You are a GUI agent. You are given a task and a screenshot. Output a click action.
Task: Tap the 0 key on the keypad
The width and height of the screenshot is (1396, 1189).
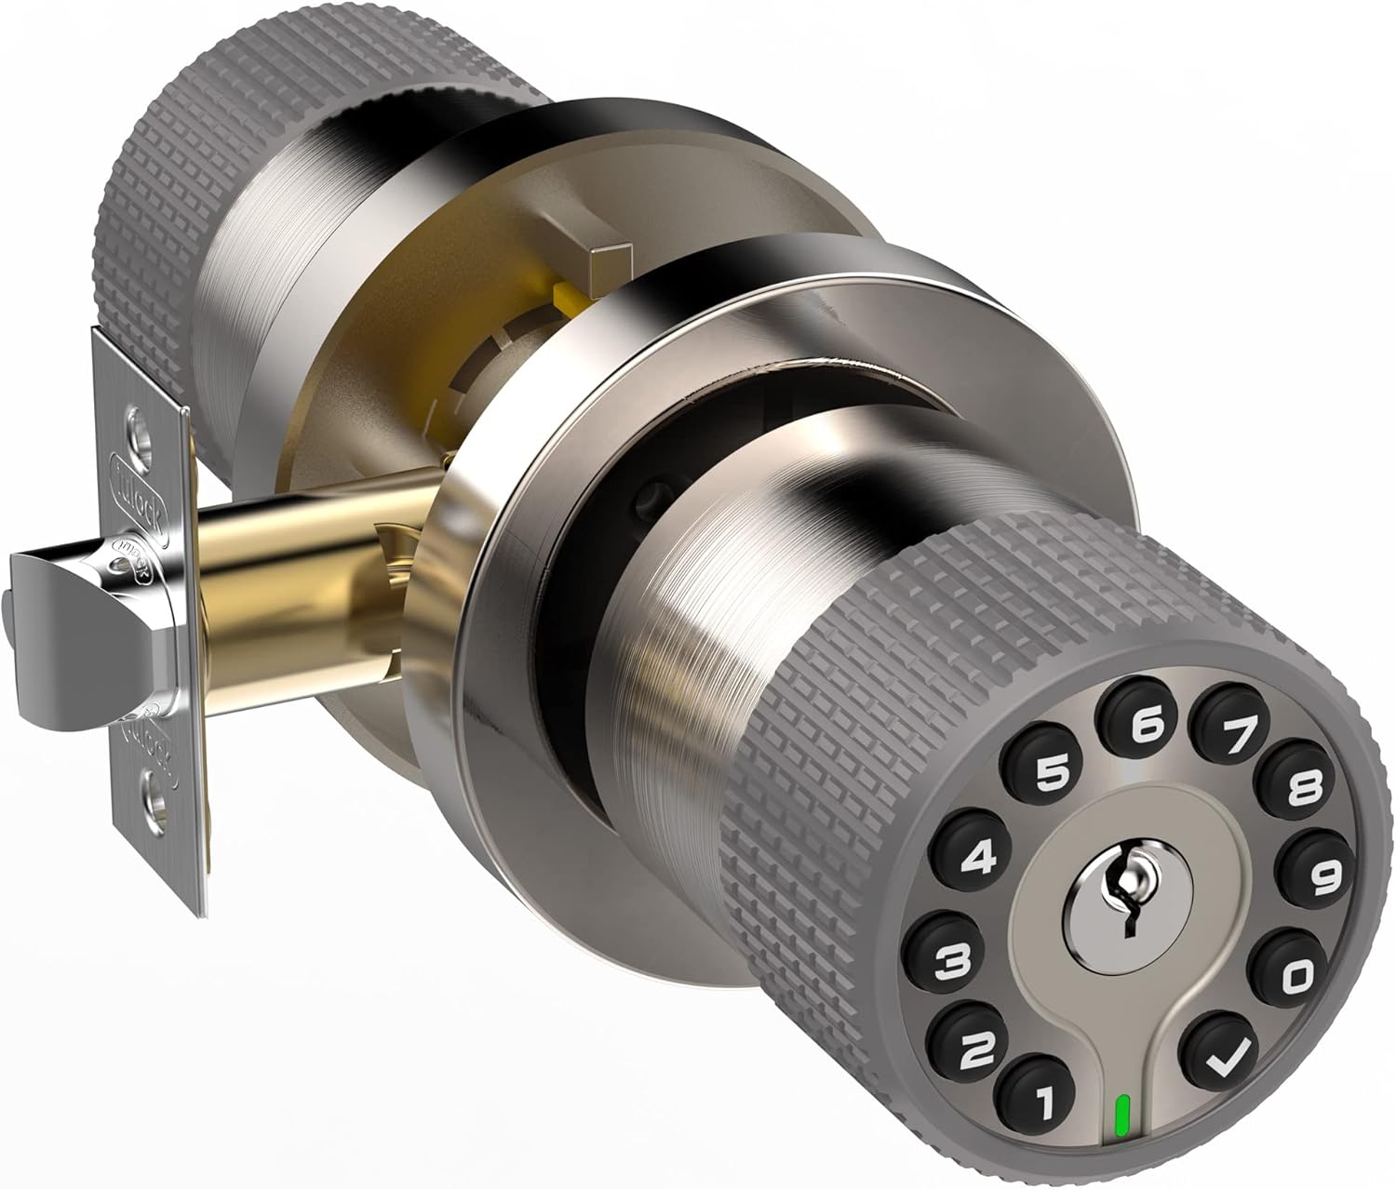tap(1299, 974)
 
